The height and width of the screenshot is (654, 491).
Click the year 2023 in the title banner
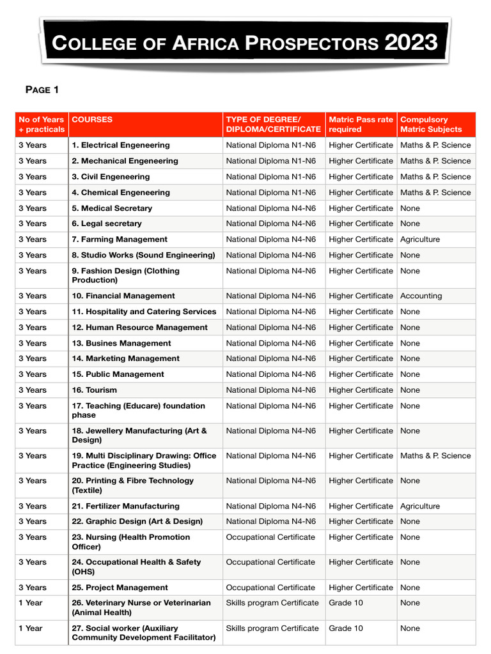[x=411, y=43]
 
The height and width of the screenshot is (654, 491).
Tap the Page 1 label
[x=42, y=89]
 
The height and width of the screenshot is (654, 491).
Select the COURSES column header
[x=92, y=119]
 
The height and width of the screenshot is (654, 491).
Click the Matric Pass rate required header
[x=361, y=124]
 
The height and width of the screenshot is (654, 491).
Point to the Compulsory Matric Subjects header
[x=430, y=124]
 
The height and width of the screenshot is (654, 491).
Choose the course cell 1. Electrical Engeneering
[x=121, y=145]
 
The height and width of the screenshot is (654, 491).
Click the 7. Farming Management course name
[x=120, y=240]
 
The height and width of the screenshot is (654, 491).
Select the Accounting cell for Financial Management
[x=421, y=296]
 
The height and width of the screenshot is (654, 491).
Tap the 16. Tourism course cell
[x=95, y=390]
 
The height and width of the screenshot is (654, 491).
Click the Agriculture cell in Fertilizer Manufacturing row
[x=420, y=506]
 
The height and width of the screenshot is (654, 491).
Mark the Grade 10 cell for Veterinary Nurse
[x=345, y=603]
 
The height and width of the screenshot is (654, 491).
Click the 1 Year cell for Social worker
[x=31, y=628]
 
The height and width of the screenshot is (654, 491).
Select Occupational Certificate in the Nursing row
[x=270, y=537]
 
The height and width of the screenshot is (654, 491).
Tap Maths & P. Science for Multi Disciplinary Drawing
[x=435, y=455]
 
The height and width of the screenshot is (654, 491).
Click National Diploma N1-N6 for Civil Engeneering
[x=270, y=177]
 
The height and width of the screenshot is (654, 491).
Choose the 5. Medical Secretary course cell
[x=112, y=208]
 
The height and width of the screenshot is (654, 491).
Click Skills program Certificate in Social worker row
[x=272, y=628]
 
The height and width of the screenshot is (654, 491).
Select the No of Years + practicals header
[x=42, y=124]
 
